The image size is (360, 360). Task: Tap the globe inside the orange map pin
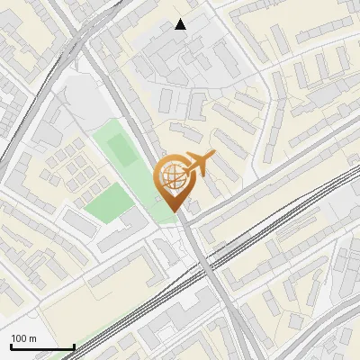tap(175, 179)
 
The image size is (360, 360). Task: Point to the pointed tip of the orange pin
tap(175, 211)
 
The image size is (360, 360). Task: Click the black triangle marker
tap(181, 24)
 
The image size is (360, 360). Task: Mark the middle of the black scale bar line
tap(42, 346)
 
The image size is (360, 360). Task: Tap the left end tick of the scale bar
tap(11, 346)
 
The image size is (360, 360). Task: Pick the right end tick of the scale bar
tap(74, 346)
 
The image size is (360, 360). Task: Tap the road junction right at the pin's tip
tap(180, 217)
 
